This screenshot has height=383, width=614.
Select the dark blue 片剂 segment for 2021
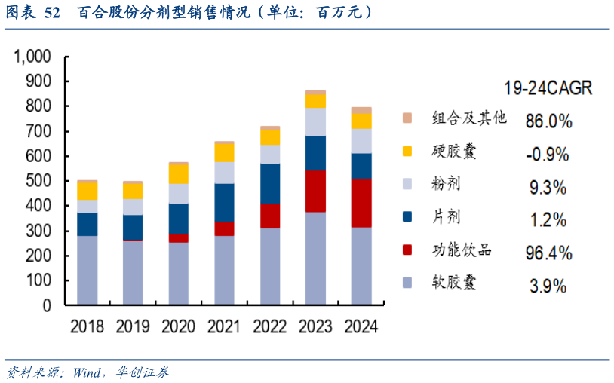coord(224,202)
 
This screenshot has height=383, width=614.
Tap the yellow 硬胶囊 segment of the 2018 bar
coord(87,191)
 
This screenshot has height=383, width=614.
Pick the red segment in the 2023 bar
coord(315,191)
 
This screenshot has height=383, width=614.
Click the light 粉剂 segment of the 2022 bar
coord(270,154)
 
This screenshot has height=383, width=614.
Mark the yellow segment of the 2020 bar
coord(179,173)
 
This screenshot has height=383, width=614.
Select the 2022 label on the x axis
coord(270,326)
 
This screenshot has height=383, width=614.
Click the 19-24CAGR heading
coord(548,88)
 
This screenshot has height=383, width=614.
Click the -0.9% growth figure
coord(548,155)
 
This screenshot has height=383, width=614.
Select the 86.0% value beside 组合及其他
coord(548,121)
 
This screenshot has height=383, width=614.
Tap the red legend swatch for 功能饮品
coord(407,250)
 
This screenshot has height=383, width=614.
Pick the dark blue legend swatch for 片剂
coord(407,217)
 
